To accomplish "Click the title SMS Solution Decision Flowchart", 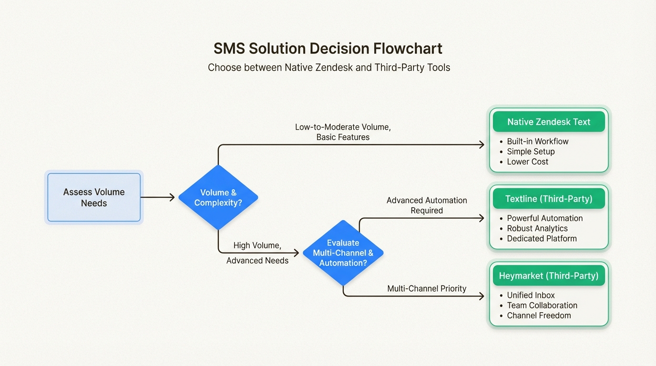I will pos(328,49).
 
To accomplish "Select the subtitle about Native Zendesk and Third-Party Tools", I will pos(329,67).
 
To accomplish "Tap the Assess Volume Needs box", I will pos(94,198).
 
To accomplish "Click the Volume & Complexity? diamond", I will pos(218,197).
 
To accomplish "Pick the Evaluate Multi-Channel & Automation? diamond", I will pos(343,253).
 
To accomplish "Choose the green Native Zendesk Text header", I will pos(549,122).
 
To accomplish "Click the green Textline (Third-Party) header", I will pos(549,199).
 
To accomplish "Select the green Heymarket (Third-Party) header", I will pos(549,275).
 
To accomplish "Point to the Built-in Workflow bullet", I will pos(537,142).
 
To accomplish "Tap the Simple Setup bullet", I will pos(531,152).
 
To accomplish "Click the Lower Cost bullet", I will pos(527,162).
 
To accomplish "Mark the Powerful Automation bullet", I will pos(544,218).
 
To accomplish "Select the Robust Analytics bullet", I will pos(537,228).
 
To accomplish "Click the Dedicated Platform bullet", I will pos(542,238).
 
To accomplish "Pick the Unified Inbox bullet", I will pos(531,295).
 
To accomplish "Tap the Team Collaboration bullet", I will pos(542,305).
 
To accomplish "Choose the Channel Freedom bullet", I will pos(539,315).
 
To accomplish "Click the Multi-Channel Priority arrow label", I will pos(427,288).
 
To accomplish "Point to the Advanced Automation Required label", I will pos(427,205).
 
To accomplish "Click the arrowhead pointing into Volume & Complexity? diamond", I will pos(172,197).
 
